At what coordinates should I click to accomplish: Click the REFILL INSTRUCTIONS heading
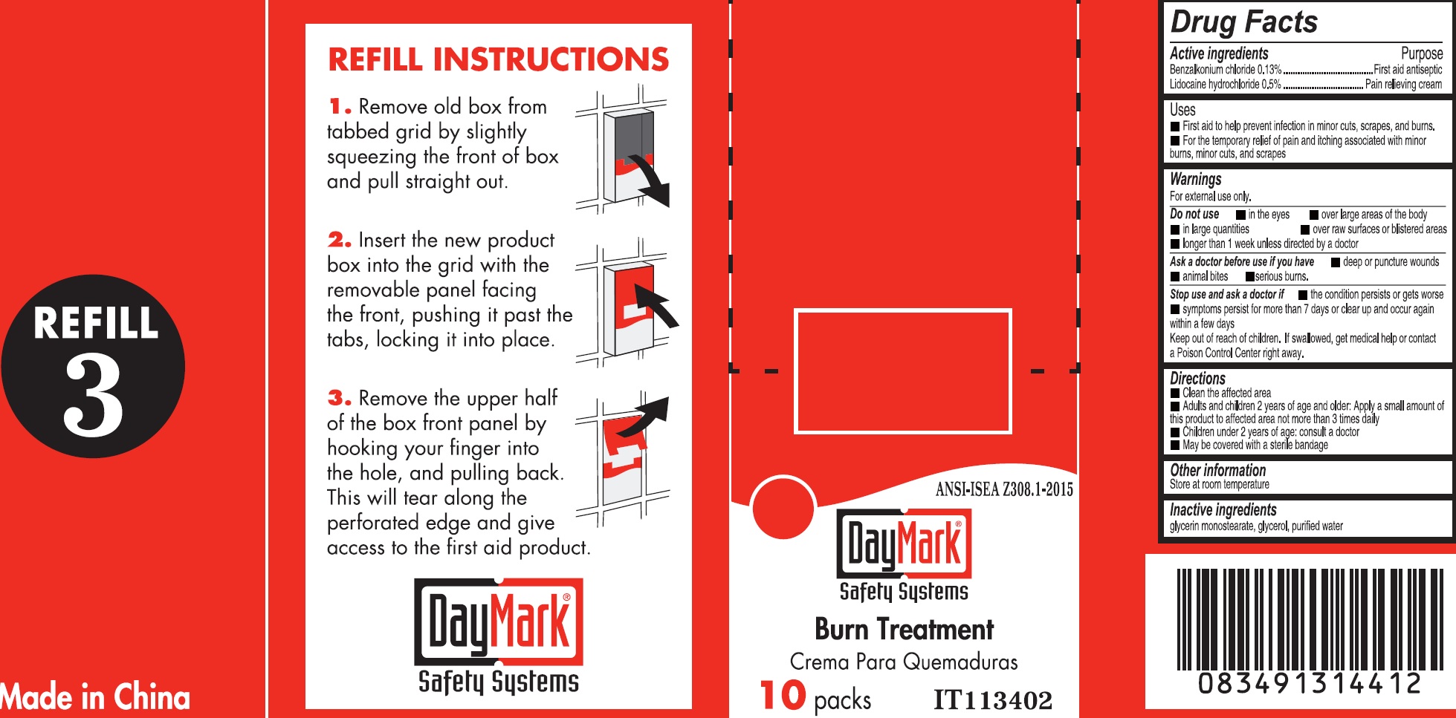point(499,59)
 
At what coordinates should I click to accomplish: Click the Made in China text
point(95,696)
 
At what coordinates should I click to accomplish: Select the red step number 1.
point(340,107)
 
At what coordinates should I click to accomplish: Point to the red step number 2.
point(340,240)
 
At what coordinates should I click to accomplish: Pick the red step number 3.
point(340,398)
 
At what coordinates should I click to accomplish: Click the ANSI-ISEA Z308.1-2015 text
point(1004,489)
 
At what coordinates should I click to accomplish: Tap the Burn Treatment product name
point(904,629)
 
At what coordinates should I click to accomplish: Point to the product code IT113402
point(993,699)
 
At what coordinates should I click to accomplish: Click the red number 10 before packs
point(783,696)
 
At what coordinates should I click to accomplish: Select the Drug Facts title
point(1243,22)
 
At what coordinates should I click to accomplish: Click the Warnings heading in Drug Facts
point(1195,179)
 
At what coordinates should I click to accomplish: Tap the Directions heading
point(1197,379)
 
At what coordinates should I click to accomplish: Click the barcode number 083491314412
point(1310,683)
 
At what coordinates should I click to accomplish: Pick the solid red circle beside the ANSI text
point(783,508)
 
